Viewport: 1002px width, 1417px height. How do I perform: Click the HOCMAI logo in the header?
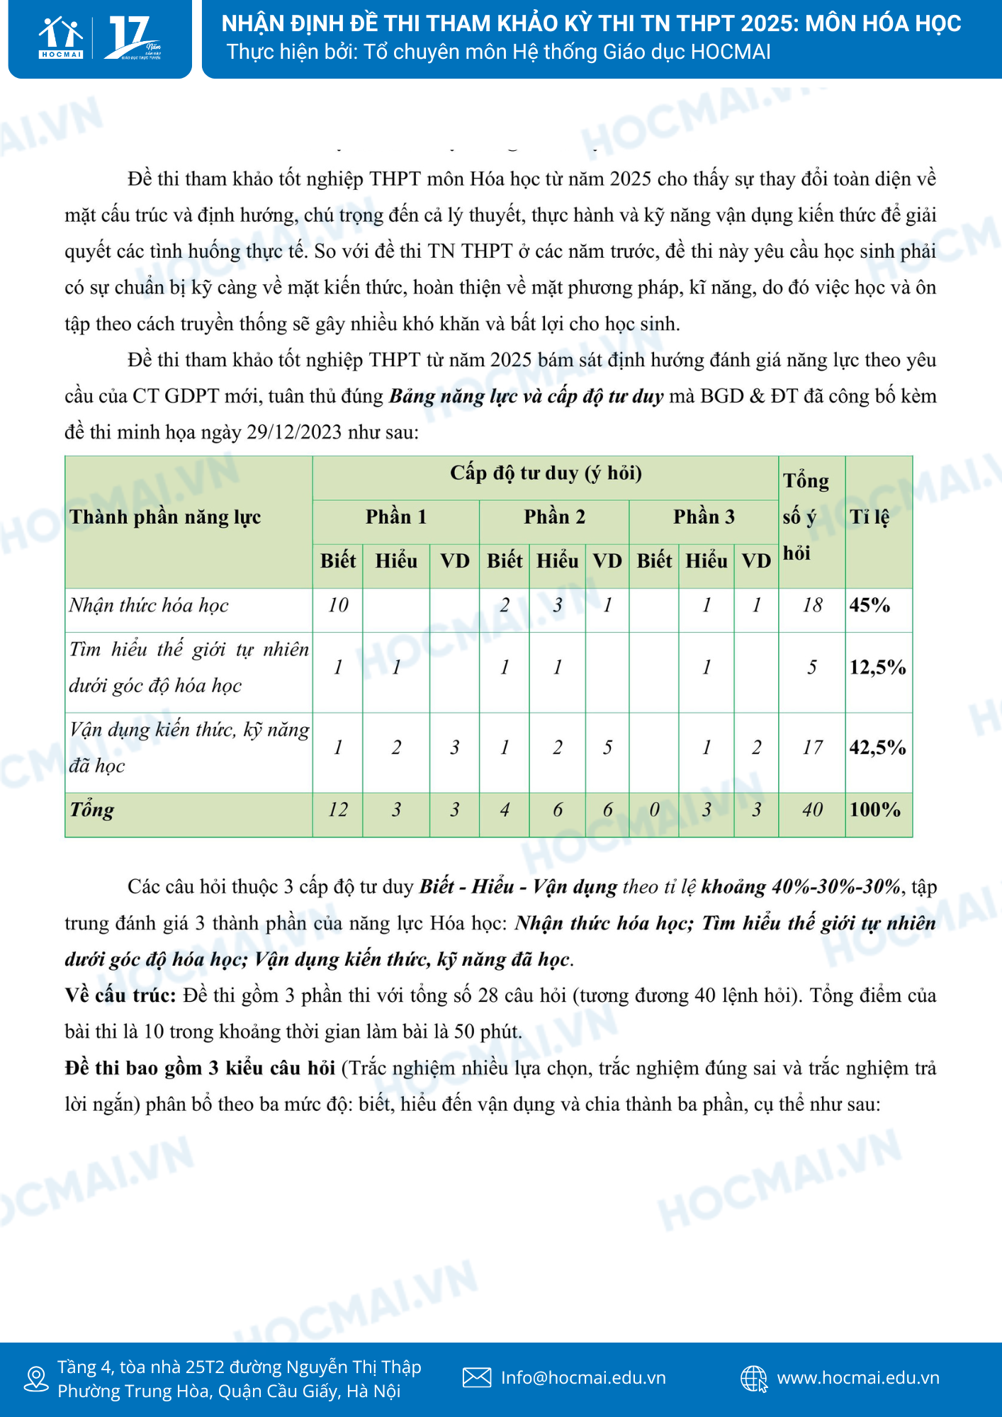(x=61, y=38)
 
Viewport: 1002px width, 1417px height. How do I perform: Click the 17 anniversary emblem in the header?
(x=133, y=38)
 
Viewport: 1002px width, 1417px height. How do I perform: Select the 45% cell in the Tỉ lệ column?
(x=869, y=605)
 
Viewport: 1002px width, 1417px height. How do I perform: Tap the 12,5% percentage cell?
(x=877, y=667)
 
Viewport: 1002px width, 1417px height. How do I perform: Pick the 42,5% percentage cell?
(x=877, y=747)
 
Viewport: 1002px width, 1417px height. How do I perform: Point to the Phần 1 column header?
(x=395, y=517)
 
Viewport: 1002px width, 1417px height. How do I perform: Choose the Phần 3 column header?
(x=703, y=517)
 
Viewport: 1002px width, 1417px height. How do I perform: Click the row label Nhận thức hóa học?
(x=149, y=605)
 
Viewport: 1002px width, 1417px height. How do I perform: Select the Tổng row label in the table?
(x=91, y=810)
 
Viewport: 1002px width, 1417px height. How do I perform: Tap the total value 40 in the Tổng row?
(x=812, y=810)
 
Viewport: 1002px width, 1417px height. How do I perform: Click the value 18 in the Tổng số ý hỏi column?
(x=812, y=605)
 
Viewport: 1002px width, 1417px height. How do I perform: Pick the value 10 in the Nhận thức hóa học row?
(x=338, y=605)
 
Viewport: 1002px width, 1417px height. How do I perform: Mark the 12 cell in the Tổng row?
(x=338, y=810)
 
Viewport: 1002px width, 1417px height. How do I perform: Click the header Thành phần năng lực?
(x=165, y=517)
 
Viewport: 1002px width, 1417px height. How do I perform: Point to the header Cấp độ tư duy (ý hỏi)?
(x=546, y=473)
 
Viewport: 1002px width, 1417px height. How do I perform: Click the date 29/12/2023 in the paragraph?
(x=294, y=432)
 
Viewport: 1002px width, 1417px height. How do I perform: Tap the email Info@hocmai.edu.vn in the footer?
(x=582, y=1377)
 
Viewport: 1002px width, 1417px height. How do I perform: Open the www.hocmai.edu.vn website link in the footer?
(x=857, y=1377)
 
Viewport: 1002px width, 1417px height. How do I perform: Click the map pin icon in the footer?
(x=35, y=1379)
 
